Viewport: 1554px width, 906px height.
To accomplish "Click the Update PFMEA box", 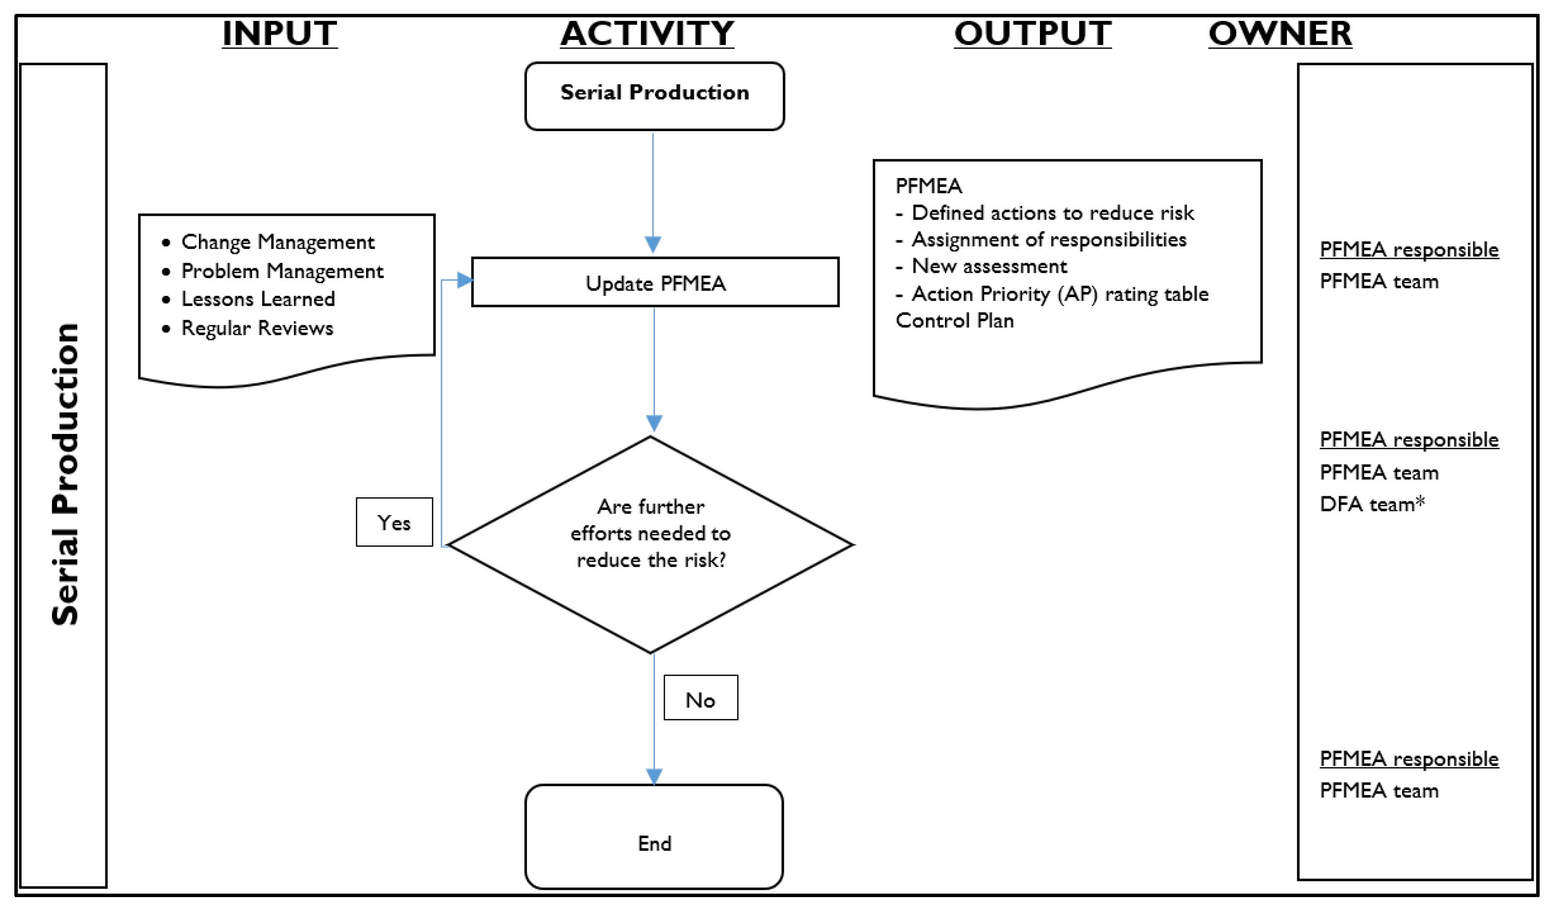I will coord(655,283).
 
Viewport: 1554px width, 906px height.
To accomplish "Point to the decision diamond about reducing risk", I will coord(651,534).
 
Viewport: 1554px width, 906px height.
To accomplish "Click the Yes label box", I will coord(394,523).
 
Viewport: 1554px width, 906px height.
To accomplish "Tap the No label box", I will coord(701,698).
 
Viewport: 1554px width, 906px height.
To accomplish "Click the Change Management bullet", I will coord(278,242).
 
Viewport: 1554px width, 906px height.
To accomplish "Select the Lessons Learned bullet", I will coord(258,299).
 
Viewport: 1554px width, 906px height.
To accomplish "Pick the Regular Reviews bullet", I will coord(257,328).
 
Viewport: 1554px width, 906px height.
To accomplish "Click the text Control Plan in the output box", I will coord(954,321).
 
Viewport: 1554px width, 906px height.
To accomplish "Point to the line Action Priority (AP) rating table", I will coord(1059,294).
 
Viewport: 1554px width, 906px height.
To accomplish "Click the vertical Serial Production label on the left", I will coord(64,475).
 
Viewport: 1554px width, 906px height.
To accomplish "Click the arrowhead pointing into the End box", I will coord(654,776).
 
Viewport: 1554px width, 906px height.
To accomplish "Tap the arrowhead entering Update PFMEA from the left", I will coord(465,281).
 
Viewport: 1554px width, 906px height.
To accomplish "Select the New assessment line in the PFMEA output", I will coord(989,266).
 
